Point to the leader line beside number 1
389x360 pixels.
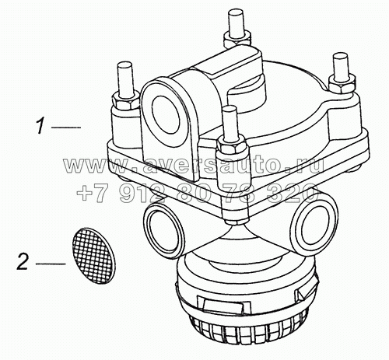65,125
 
